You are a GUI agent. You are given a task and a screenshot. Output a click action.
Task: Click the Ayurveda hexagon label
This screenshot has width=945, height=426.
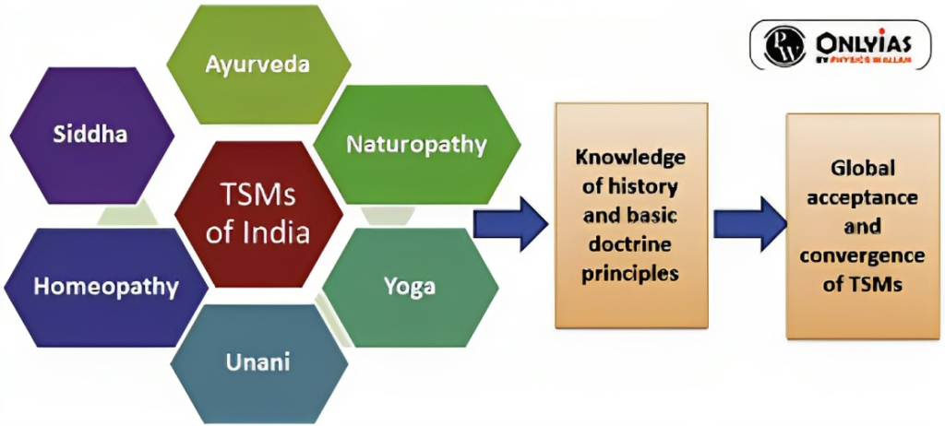point(257,65)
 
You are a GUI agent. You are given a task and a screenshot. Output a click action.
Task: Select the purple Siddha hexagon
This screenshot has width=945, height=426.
point(90,135)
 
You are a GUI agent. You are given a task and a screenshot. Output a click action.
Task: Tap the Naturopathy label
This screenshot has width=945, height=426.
point(416,145)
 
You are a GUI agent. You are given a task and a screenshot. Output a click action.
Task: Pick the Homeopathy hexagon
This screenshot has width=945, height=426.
point(105,286)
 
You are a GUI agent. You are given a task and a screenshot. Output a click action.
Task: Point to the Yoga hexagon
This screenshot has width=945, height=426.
point(409,286)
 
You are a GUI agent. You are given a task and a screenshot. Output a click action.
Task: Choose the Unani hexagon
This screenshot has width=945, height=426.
point(258,361)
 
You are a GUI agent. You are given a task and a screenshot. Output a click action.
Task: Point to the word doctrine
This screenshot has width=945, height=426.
point(630,250)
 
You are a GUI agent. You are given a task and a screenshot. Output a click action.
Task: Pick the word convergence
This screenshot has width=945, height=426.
point(862,255)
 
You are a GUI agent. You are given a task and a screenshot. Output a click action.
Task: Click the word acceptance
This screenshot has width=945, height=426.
point(862,197)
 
